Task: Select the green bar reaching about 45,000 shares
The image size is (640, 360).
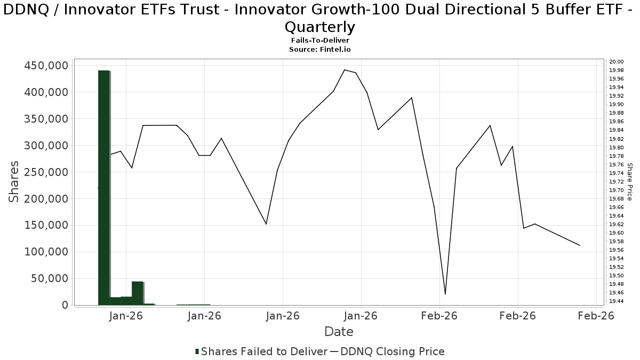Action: (137, 293)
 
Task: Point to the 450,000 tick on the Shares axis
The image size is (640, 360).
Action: (46, 66)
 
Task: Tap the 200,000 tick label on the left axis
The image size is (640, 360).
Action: (46, 199)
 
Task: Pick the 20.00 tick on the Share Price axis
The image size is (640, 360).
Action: (617, 62)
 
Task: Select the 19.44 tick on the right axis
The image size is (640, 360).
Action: (617, 301)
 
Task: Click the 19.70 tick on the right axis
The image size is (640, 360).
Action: (617, 190)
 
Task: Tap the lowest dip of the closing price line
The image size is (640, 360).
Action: (445, 294)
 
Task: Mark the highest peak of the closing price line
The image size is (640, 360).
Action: (345, 70)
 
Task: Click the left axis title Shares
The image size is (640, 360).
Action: (14, 181)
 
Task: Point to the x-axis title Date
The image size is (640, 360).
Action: (339, 332)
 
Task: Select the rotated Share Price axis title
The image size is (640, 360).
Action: (629, 182)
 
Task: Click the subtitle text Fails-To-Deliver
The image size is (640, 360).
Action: (320, 41)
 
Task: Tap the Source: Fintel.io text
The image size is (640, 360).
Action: (320, 49)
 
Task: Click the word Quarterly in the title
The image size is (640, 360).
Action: (320, 27)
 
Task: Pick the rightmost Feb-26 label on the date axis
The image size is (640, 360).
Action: (596, 316)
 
